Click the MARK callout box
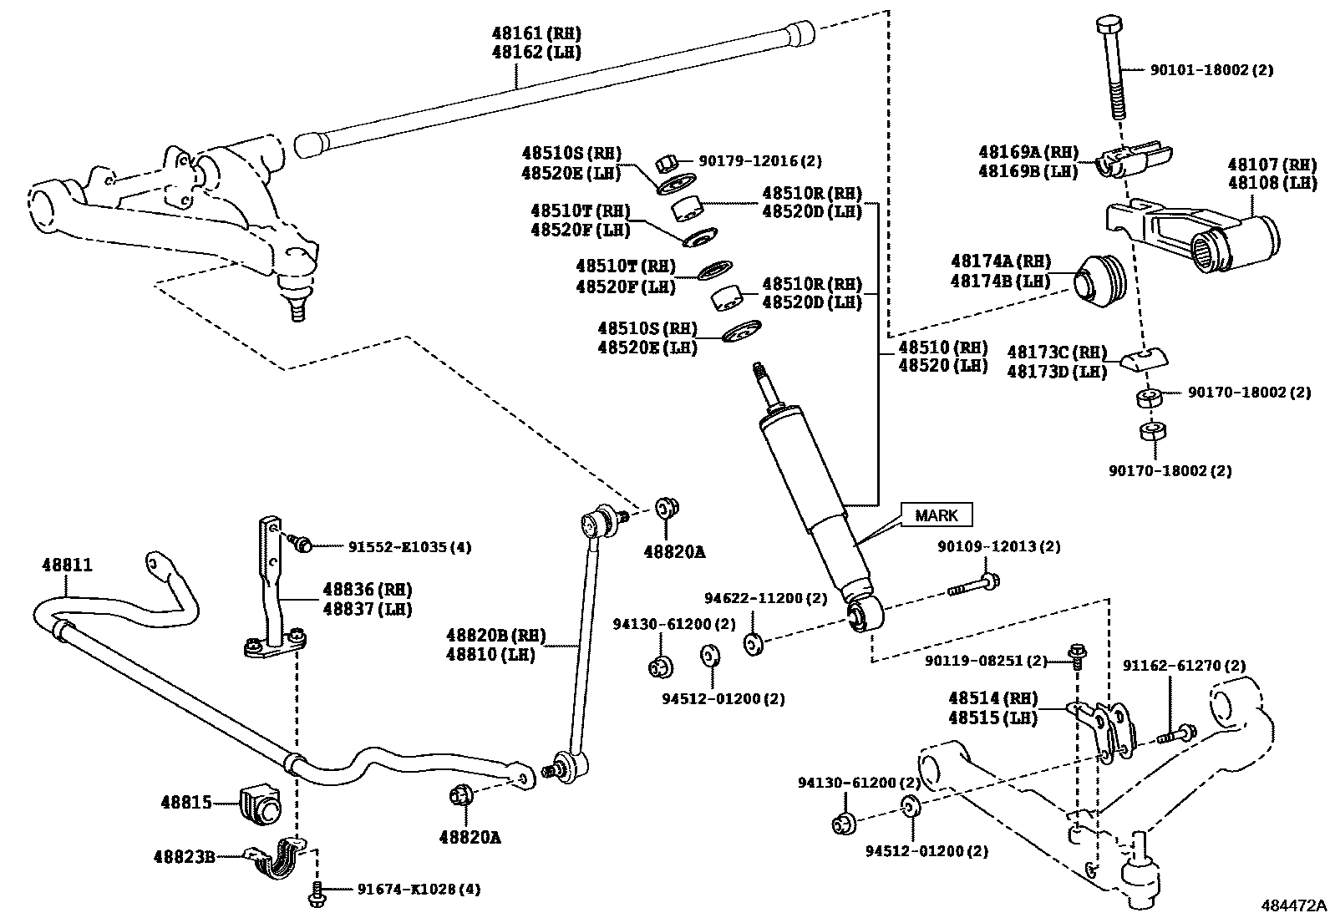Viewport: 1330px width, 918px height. [x=936, y=515]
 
